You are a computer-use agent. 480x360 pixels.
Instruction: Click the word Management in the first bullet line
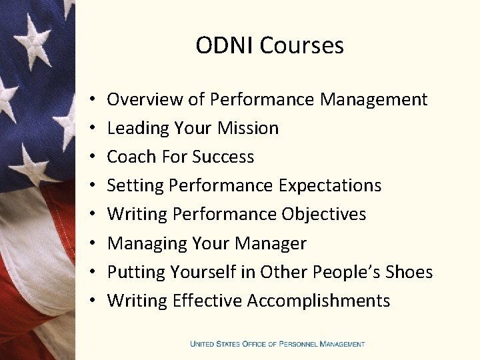click(373, 99)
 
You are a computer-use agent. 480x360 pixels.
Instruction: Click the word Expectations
click(329, 185)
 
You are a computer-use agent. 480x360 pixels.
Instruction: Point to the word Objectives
click(324, 214)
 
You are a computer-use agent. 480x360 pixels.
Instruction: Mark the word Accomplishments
click(319, 301)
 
